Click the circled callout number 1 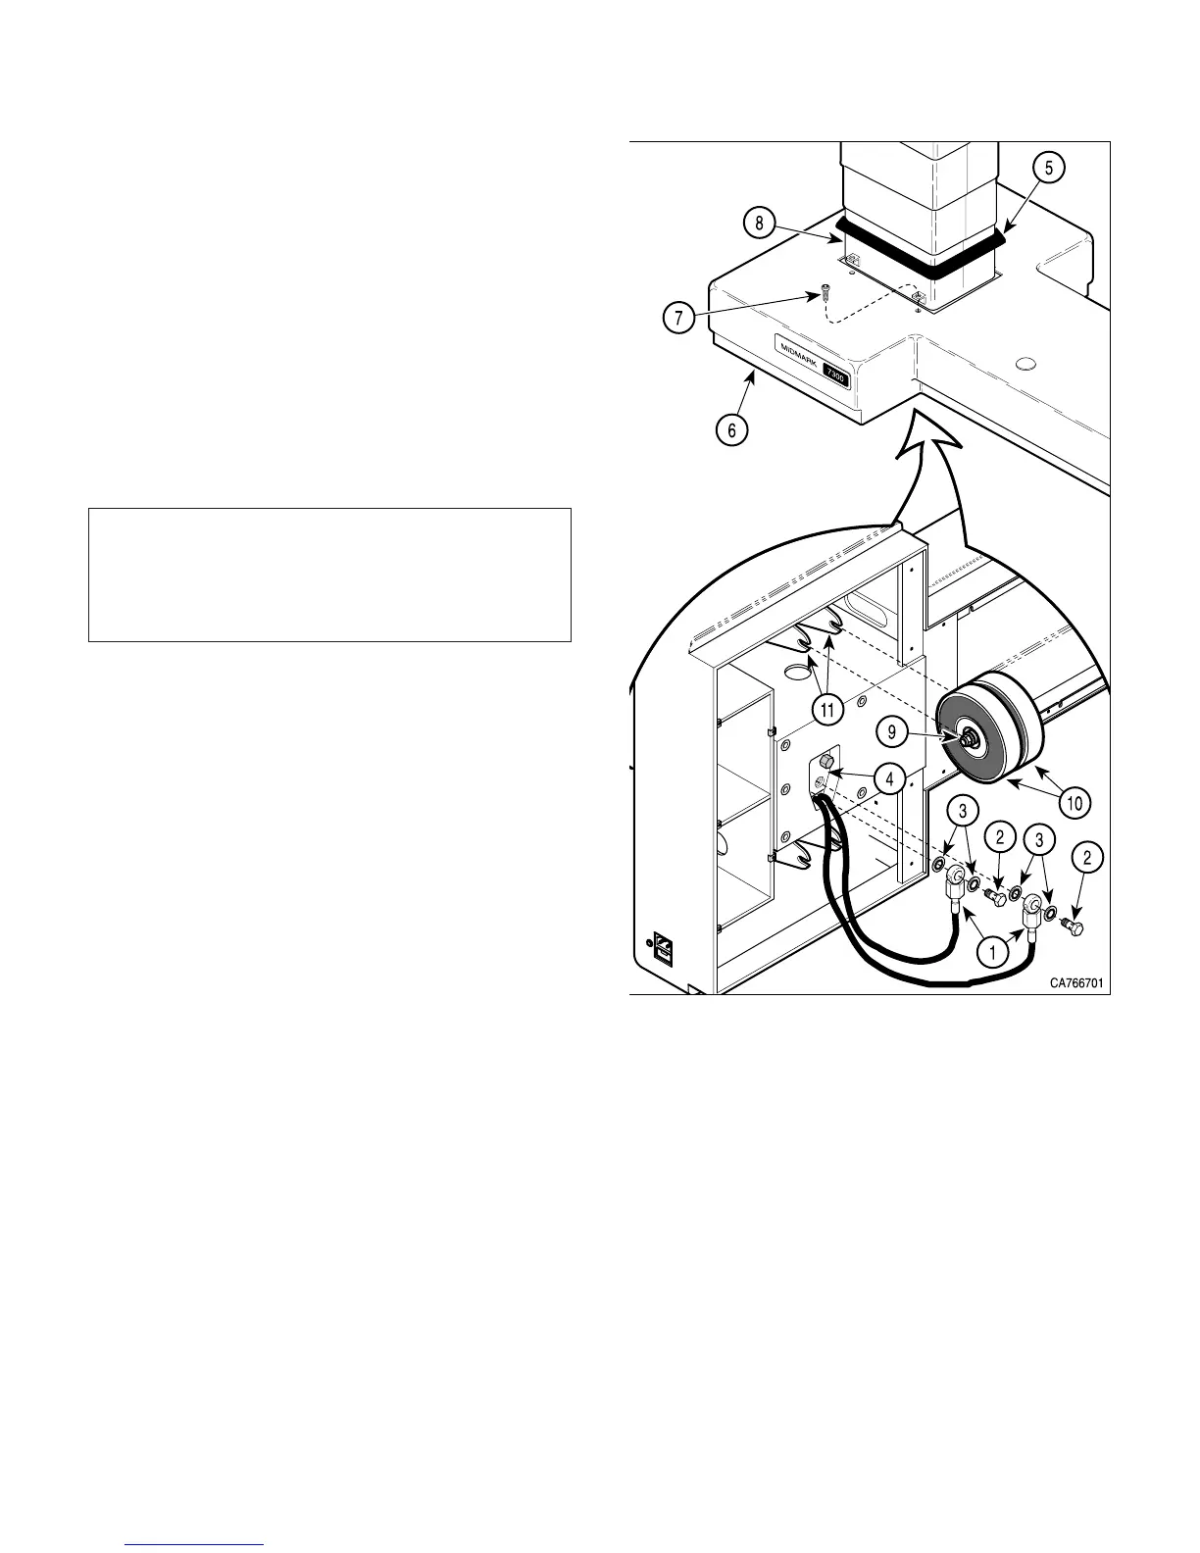tap(992, 950)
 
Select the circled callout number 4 tap(889, 779)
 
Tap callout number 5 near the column tap(1048, 169)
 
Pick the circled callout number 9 tap(891, 730)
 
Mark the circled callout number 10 tap(1075, 803)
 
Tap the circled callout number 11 tap(827, 709)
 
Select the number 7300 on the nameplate tap(835, 375)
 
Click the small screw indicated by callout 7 tap(825, 292)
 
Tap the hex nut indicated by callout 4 tap(825, 762)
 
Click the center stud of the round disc tap(965, 738)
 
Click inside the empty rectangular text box tap(329, 575)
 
